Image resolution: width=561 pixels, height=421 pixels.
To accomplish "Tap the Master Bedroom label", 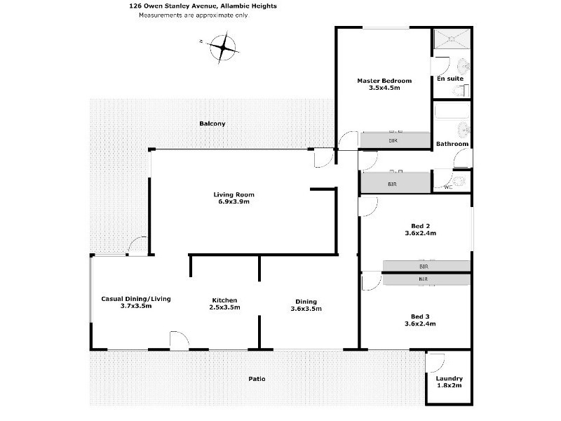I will pyautogui.click(x=384, y=81).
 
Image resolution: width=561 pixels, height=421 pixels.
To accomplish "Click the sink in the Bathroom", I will pyautogui.click(x=463, y=130).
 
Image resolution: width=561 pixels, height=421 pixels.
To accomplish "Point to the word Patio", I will pyautogui.click(x=257, y=379).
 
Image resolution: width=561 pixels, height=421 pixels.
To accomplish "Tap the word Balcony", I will pyautogui.click(x=212, y=123).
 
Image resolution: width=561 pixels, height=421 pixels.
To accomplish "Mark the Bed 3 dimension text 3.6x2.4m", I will pyautogui.click(x=420, y=323).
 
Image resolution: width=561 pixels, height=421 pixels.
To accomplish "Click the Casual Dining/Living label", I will pyautogui.click(x=136, y=298).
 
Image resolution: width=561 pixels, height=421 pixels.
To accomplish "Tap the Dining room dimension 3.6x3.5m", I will pyautogui.click(x=306, y=309).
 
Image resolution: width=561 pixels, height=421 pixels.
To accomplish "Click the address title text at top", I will pyautogui.click(x=203, y=6).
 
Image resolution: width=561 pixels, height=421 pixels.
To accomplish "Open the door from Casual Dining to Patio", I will pyautogui.click(x=180, y=342).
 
